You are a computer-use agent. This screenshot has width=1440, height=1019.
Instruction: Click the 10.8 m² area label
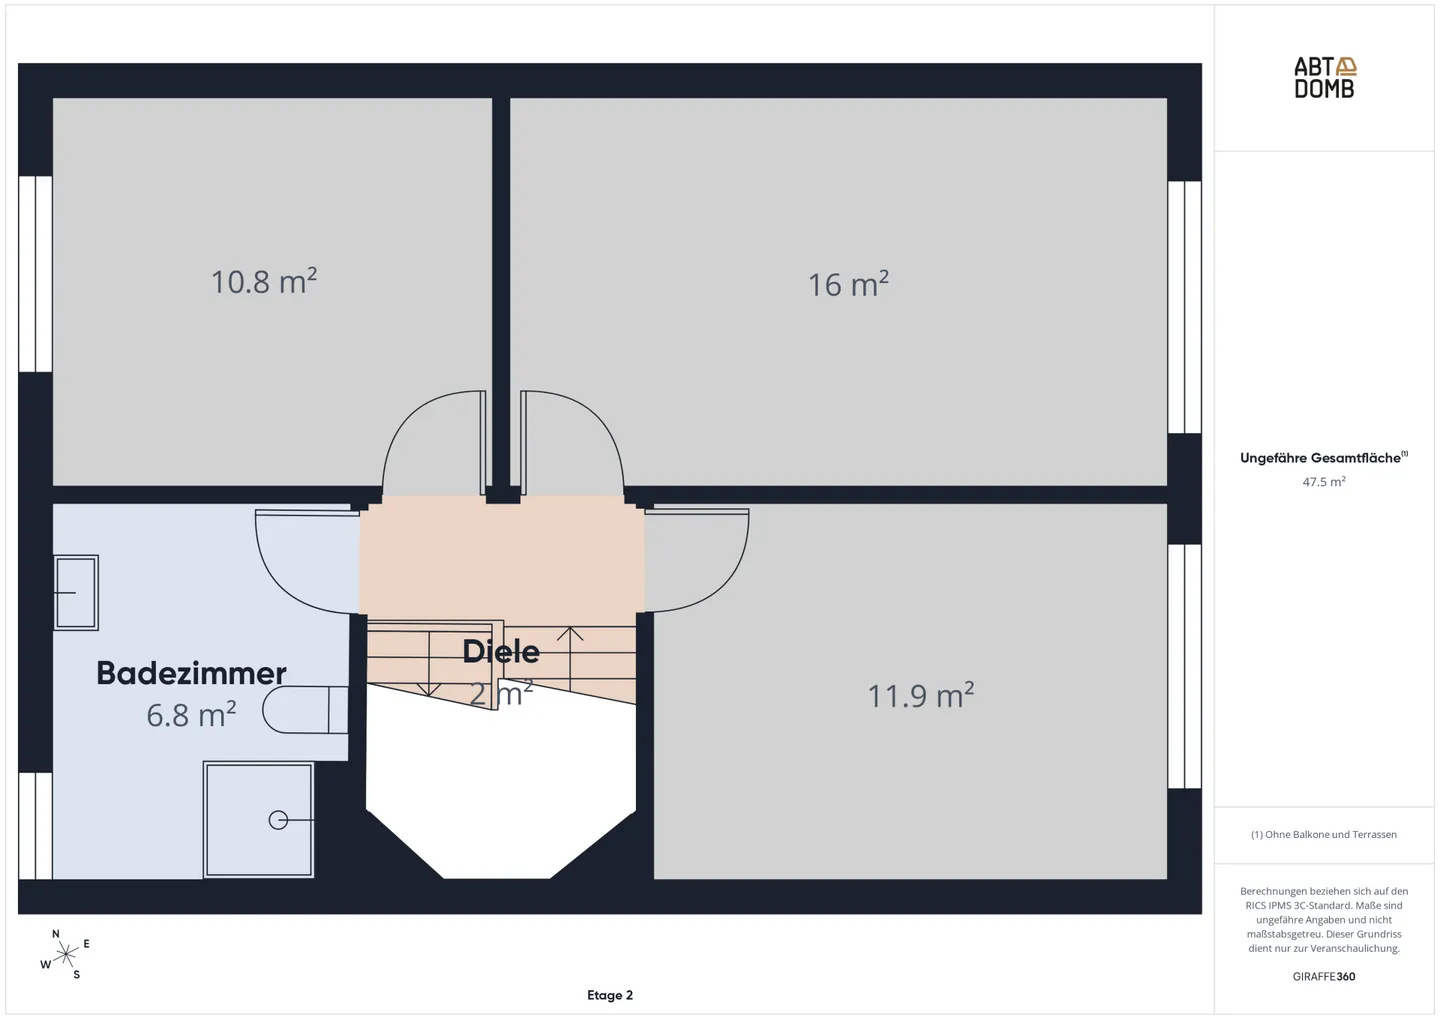[264, 282]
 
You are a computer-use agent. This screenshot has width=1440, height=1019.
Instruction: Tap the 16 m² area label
[848, 284]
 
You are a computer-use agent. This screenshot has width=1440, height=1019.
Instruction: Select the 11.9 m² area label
[921, 695]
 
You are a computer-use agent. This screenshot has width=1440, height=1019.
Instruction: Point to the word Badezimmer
[191, 673]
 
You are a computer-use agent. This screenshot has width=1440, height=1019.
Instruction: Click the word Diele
[501, 651]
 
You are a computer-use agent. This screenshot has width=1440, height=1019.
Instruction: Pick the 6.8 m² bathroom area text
[191, 715]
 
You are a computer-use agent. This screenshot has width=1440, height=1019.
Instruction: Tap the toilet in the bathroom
[305, 710]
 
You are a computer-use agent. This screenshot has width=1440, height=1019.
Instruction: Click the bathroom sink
[76, 592]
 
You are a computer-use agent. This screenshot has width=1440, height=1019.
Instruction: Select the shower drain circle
[278, 820]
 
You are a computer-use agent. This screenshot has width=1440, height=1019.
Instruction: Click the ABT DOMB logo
[1324, 78]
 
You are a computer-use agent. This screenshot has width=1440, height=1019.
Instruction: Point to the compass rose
[66, 955]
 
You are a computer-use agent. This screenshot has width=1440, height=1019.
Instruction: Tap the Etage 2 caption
[609, 995]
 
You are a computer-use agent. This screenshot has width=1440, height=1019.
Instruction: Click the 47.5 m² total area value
[1324, 482]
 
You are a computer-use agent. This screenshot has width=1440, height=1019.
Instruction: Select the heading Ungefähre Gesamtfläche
[1320, 458]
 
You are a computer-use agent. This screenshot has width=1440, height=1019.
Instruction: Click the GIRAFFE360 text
[1324, 977]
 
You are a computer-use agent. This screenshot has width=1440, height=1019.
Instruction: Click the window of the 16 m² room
[1184, 307]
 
